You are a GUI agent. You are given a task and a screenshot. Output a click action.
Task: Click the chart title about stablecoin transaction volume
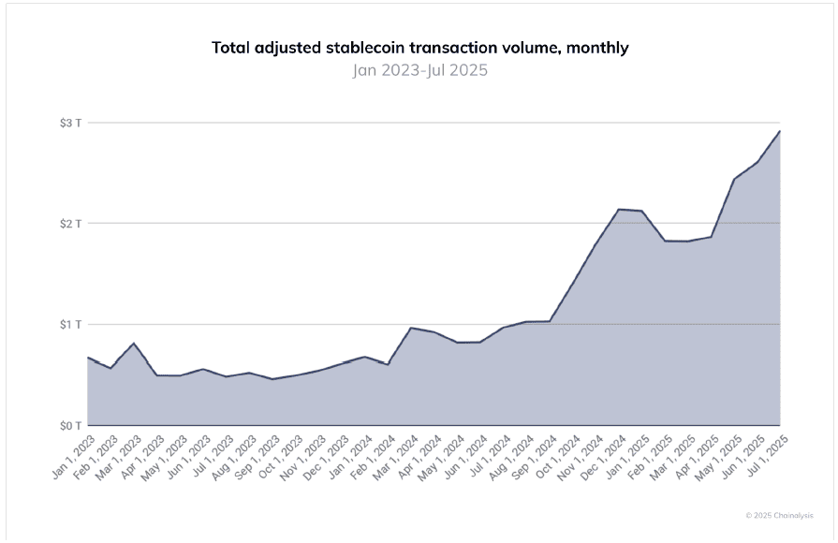tap(419, 47)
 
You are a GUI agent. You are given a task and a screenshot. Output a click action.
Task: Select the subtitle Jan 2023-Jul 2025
tap(419, 70)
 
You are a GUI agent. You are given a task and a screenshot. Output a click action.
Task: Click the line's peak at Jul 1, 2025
tap(780, 131)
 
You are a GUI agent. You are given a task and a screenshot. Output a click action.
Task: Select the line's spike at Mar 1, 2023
tap(134, 344)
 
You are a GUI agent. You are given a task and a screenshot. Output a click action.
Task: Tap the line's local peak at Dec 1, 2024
tap(619, 209)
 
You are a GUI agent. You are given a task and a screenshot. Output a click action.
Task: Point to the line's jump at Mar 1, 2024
tap(411, 328)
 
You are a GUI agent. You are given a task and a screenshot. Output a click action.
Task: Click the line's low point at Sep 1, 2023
tap(272, 379)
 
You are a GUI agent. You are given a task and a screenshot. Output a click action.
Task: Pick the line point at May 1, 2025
tap(734, 179)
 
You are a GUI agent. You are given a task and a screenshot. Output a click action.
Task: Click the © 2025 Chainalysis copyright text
tap(778, 515)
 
